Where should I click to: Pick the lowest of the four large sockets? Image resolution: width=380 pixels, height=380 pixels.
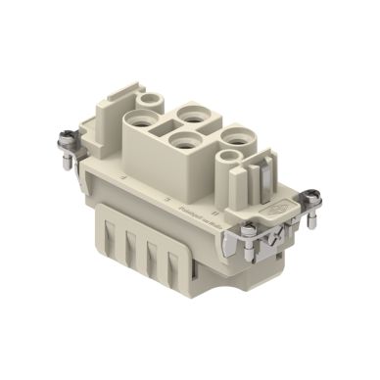(x=182, y=143)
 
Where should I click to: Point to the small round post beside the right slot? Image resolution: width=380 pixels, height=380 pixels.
(x=232, y=157)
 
